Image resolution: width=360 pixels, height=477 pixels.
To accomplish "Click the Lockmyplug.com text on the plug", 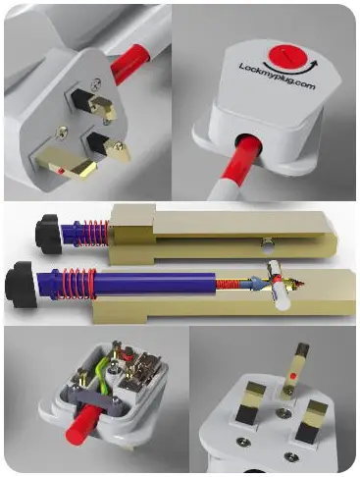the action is tap(278, 77).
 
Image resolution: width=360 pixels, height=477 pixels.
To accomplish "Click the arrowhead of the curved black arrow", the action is tap(315, 64).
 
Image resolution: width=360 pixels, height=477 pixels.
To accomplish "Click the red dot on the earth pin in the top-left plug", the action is tap(60, 171).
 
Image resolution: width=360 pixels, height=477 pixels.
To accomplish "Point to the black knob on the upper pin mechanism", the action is tap(48, 234).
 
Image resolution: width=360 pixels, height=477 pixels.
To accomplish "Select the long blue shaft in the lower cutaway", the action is tap(154, 283).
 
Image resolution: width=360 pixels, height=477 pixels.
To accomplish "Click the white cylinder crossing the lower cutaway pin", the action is tap(278, 286).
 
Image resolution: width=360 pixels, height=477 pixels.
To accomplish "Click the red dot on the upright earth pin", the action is tap(294, 376).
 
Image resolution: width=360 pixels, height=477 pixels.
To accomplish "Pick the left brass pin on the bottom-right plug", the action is tap(251, 403).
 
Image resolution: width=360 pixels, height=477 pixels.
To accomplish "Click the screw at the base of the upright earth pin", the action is tap(288, 390).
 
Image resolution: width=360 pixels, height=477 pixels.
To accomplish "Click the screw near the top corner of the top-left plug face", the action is tap(96, 83).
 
